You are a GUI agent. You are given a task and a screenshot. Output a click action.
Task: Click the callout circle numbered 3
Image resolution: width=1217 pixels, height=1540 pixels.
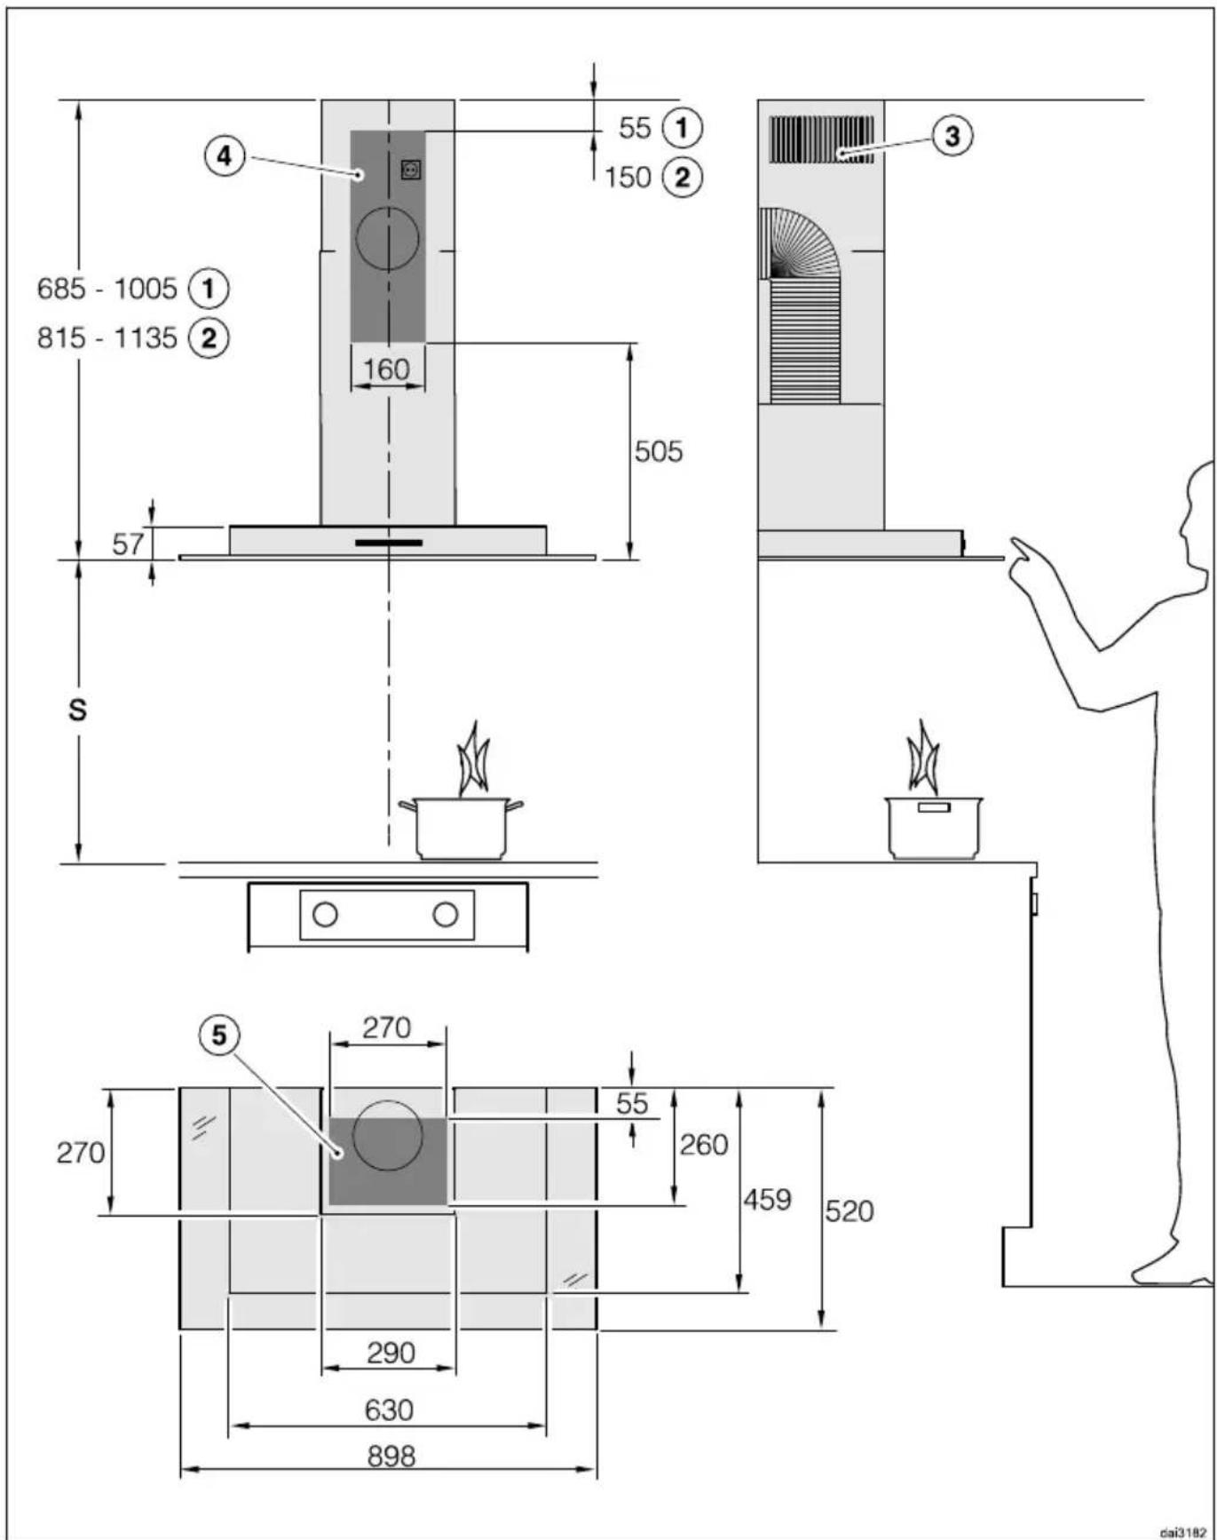[x=952, y=136]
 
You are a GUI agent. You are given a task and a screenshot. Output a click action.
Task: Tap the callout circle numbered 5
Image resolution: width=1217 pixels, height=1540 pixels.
[x=219, y=1036]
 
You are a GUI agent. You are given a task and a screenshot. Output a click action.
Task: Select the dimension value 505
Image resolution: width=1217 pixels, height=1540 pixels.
[x=659, y=451]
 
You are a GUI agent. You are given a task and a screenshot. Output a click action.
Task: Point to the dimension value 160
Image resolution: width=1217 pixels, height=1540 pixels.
[x=387, y=369]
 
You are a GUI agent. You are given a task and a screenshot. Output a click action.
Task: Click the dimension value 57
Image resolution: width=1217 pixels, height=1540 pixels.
[x=128, y=543]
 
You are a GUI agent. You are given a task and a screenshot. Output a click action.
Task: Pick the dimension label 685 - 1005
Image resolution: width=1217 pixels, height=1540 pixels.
[x=107, y=289]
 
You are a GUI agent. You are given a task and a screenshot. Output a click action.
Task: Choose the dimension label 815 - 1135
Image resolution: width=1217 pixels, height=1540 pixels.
[x=107, y=338]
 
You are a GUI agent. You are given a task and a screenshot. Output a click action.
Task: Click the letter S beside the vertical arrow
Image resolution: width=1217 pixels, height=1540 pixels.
[x=78, y=710]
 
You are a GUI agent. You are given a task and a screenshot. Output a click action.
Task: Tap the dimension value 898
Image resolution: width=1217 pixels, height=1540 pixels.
[x=391, y=1457]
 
